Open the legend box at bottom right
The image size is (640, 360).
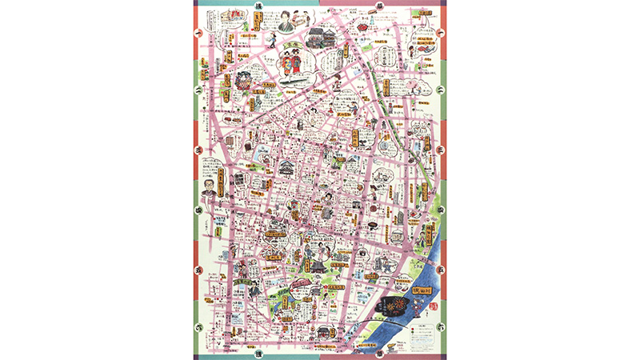422,331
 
